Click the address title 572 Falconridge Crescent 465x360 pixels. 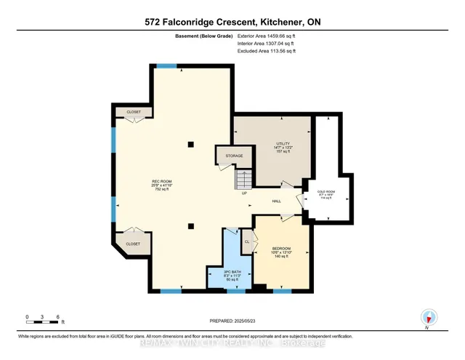pyautogui.click(x=232, y=23)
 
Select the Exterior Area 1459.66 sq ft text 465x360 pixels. pyautogui.click(x=267, y=35)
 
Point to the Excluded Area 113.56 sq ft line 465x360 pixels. pyautogui.click(x=267, y=51)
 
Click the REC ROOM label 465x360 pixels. pyautogui.click(x=161, y=182)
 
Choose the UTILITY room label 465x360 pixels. pyautogui.click(x=283, y=144)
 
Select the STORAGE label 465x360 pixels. pyautogui.click(x=233, y=155)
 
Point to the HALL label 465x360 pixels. pyautogui.click(x=277, y=201)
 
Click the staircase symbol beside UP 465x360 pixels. pyautogui.click(x=243, y=179)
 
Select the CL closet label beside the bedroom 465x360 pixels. pyautogui.click(x=247, y=241)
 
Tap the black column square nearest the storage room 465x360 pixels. pyautogui.click(x=190, y=143)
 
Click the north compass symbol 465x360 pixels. pyautogui.click(x=429, y=317)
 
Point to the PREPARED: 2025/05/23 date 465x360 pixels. pyautogui.click(x=232, y=321)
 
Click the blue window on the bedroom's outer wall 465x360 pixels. pyautogui.click(x=282, y=291)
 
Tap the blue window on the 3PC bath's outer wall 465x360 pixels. pyautogui.click(x=235, y=291)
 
